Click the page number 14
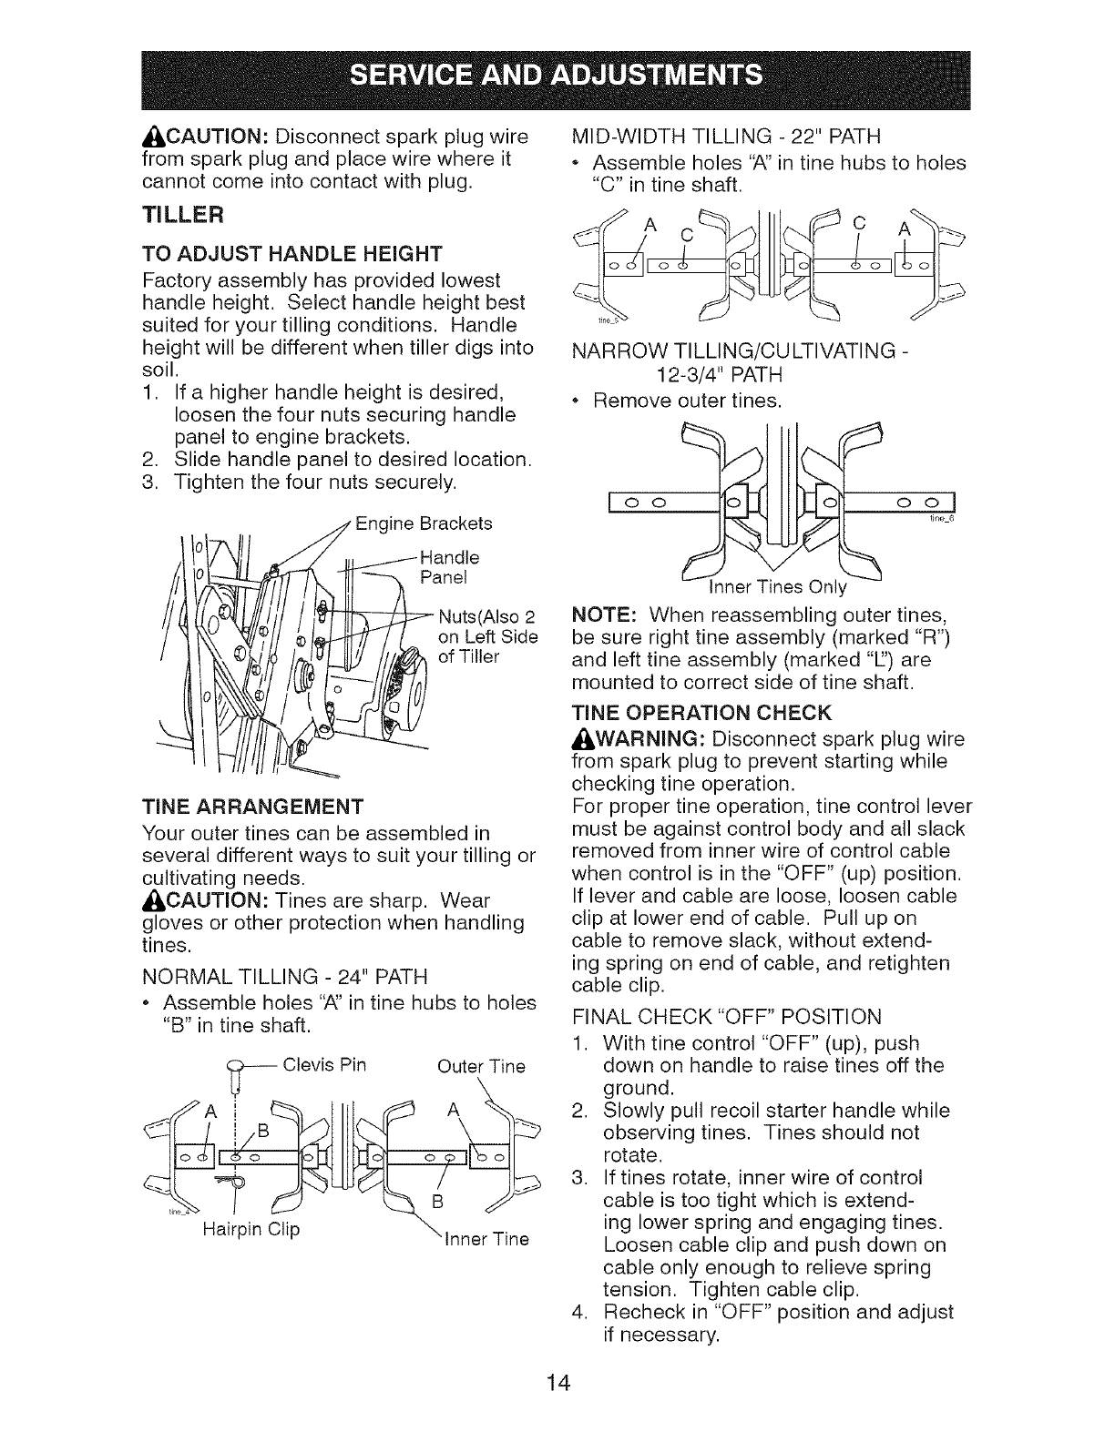coord(558,1384)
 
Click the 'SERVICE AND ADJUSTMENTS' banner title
coord(557,74)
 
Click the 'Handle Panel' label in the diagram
coord(448,567)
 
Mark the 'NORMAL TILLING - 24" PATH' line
coord(285,977)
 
